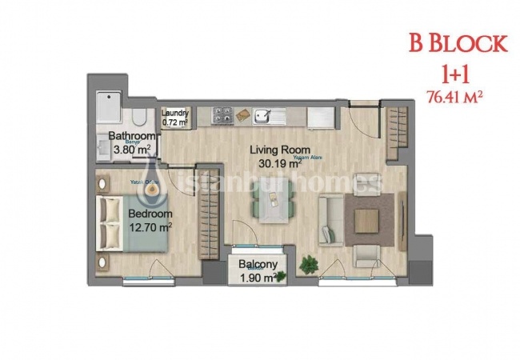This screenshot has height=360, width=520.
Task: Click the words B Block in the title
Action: click(x=458, y=43)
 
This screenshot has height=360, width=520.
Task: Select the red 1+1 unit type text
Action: click(x=458, y=74)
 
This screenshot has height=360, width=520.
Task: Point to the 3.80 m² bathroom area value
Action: click(x=132, y=150)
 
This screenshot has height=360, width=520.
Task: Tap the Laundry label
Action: click(x=175, y=114)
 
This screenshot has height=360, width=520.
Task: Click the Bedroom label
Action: click(x=150, y=214)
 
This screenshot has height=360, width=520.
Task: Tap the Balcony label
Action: click(x=258, y=266)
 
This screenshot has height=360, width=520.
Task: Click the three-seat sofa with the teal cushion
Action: click(x=331, y=220)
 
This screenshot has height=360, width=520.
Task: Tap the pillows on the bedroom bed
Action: click(x=109, y=222)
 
